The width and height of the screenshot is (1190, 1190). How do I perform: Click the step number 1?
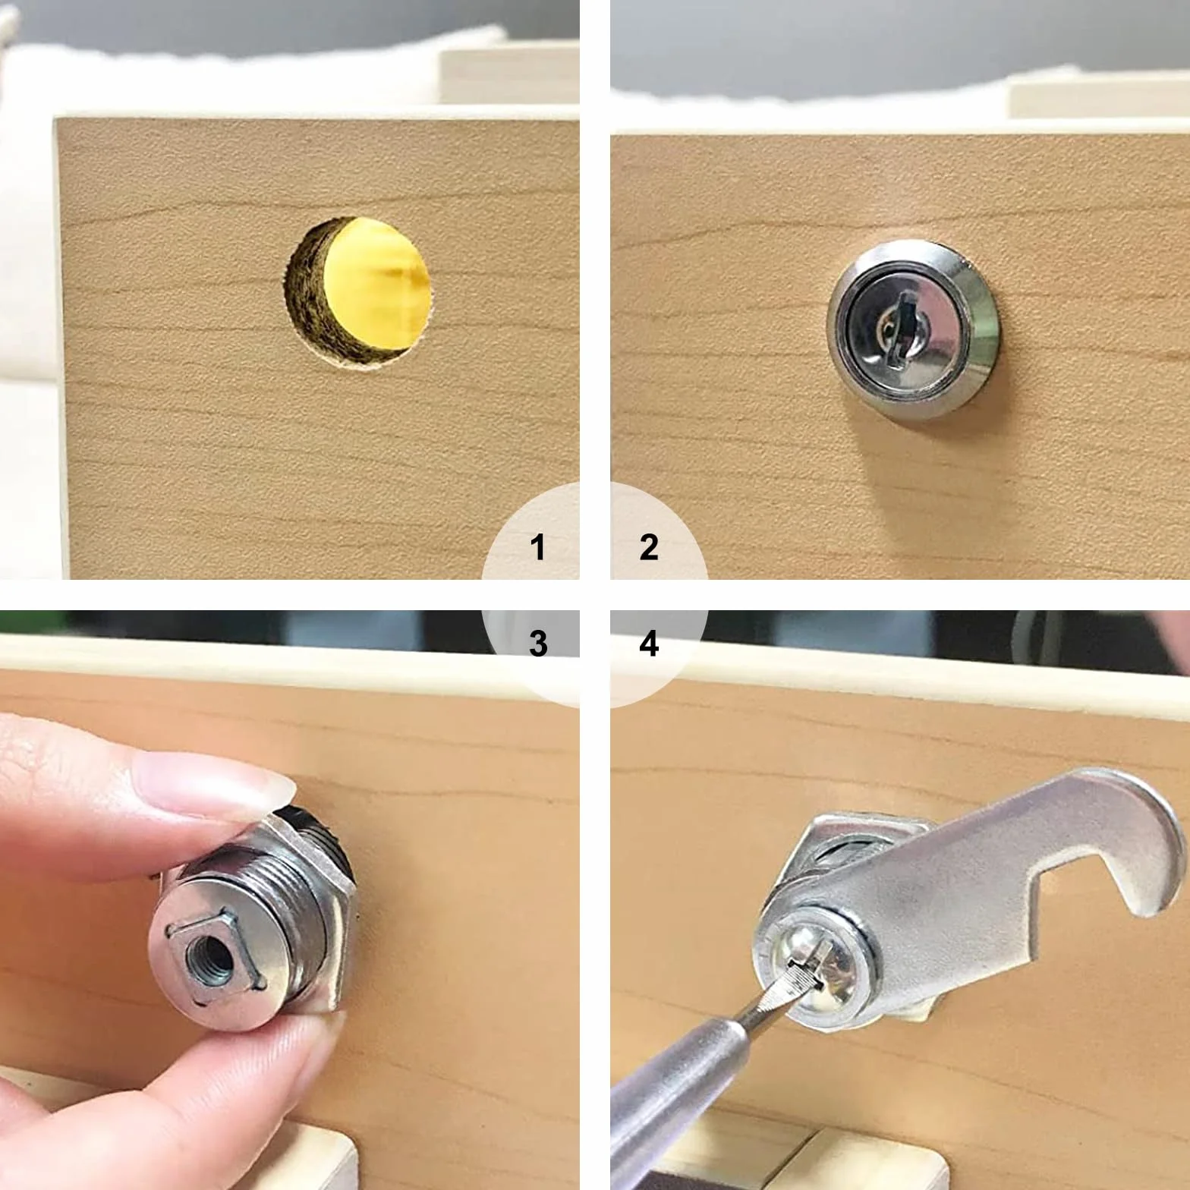[538, 547]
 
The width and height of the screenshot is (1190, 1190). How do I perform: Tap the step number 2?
[649, 547]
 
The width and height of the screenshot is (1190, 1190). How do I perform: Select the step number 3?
[538, 644]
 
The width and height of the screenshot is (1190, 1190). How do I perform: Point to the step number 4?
[649, 644]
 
